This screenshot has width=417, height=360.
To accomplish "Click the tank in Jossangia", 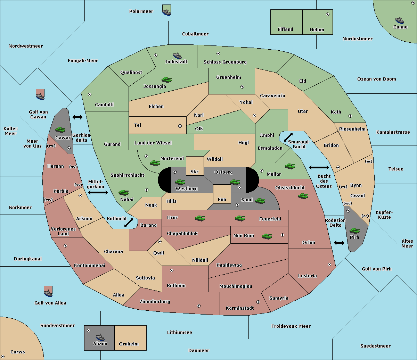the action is [167, 79].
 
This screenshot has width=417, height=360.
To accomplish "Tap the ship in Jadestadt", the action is [177, 56].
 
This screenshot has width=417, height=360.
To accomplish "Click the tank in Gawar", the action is [60, 129].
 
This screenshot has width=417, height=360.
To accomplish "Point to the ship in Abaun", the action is [100, 337].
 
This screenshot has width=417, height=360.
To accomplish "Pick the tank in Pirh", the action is [354, 231].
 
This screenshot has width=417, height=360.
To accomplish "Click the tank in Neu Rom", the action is [267, 236].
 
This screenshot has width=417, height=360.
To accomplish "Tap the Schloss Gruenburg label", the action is [225, 62].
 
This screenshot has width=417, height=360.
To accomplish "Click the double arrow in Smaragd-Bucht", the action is [288, 137].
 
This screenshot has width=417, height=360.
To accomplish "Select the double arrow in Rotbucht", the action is [129, 223].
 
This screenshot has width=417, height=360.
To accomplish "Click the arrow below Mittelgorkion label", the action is [98, 192].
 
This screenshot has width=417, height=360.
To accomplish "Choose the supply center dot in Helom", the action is [328, 14].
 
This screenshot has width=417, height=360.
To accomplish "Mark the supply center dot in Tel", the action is [180, 126].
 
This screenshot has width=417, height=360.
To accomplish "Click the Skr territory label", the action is [195, 171].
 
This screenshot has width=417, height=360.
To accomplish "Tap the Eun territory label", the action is [222, 200].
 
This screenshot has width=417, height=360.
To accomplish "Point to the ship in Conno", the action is [400, 20].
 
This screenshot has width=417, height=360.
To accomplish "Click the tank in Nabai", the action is [123, 192].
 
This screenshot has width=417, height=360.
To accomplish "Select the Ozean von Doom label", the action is [377, 79].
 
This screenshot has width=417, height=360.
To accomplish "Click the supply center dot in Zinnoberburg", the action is [199, 306].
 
